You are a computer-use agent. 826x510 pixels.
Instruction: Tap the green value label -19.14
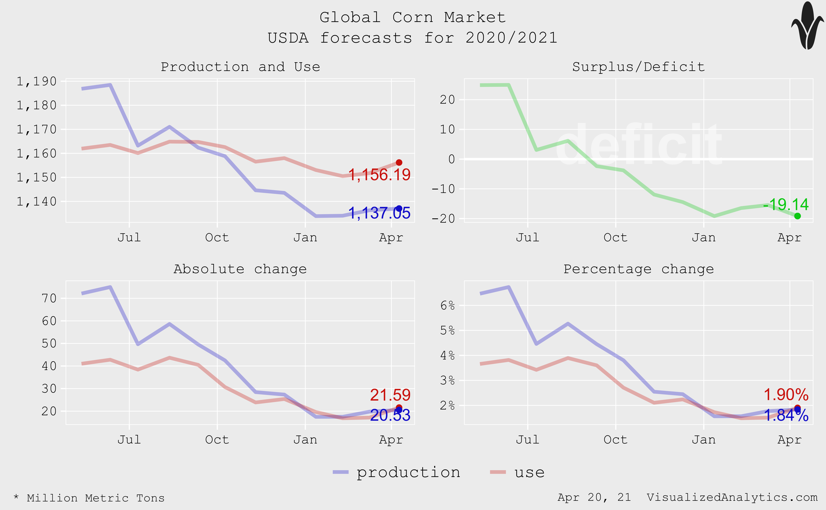click(786, 204)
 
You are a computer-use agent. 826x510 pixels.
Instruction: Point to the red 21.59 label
click(390, 395)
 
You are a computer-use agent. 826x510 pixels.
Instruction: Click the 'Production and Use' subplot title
click(240, 67)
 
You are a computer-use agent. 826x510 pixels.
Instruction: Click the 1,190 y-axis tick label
click(37, 81)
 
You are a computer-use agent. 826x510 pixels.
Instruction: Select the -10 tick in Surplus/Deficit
click(443, 189)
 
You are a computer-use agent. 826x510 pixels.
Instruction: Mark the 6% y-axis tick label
click(447, 306)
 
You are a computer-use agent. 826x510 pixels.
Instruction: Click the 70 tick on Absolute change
click(49, 298)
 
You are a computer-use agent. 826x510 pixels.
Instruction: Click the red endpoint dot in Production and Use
click(399, 163)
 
